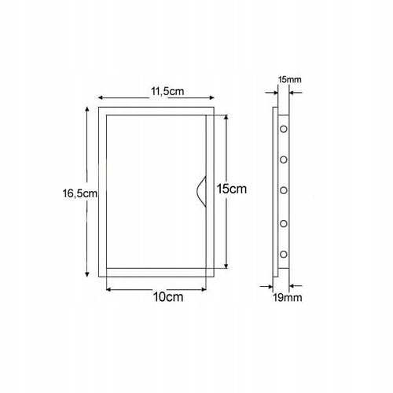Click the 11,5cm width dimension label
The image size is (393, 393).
coord(167,91)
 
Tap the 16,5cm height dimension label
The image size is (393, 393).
coord(79,193)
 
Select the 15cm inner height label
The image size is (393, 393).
coord(232,189)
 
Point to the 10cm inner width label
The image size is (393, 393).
coord(168,297)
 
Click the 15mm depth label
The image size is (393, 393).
coord(290,79)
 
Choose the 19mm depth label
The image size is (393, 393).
coord(288,298)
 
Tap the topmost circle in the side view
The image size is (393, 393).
coord(284,129)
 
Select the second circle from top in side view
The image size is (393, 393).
coord(284,160)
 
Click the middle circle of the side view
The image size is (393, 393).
coord(284,190)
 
